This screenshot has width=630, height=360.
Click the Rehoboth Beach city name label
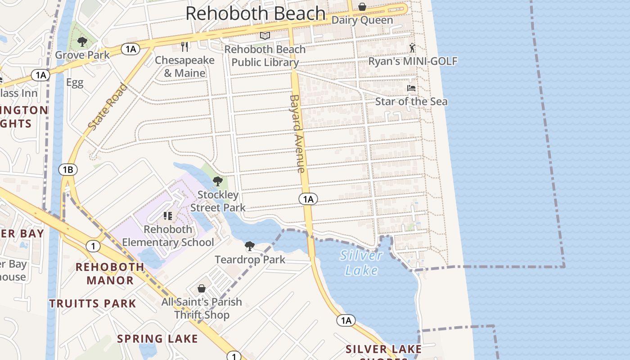255,13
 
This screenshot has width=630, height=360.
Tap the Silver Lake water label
362,263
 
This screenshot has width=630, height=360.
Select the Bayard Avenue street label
297,133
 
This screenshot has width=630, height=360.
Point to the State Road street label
108,107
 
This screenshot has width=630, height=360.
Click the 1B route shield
68,170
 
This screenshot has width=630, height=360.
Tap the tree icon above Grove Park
82,42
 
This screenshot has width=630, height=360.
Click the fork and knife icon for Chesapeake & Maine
184,47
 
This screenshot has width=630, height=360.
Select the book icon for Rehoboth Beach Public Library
265,36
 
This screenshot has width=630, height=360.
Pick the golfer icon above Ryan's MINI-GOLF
412,48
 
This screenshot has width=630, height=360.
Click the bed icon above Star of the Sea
411,88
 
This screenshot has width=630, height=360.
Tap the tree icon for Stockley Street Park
218,182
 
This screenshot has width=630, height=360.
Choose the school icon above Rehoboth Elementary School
168,216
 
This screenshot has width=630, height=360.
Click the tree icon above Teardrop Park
250,246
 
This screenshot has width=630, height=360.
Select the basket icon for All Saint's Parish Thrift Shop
202,288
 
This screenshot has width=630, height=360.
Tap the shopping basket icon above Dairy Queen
362,7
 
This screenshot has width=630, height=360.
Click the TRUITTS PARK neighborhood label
93,304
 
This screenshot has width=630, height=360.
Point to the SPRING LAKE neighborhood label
157,339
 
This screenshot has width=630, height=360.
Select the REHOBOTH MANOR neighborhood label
110,274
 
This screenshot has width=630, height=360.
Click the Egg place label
75,83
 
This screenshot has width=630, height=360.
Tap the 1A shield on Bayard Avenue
308,199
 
